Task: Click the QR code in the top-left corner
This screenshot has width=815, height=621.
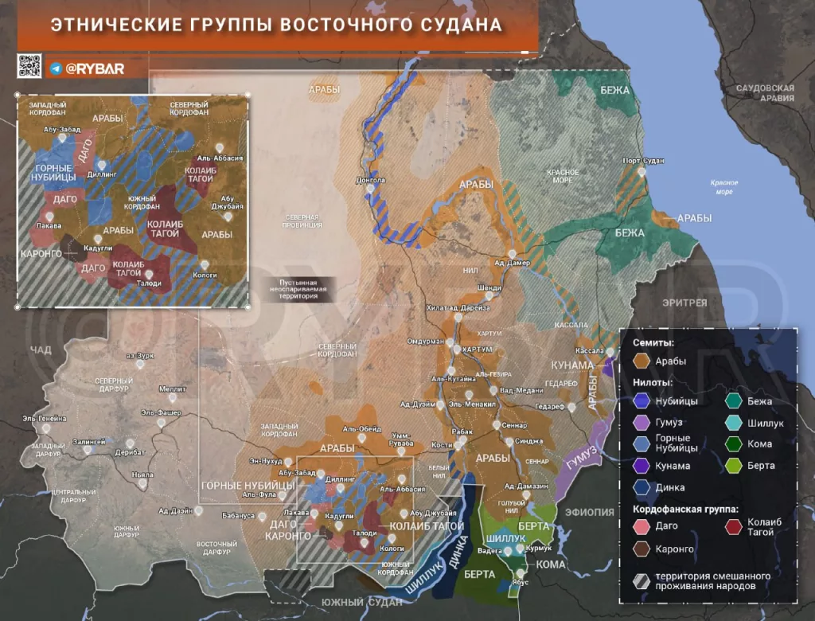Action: click(x=29, y=67)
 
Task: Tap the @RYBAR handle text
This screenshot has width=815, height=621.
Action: click(x=95, y=68)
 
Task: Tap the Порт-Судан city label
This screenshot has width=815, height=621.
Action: click(x=643, y=161)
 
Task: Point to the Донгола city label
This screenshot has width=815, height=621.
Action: click(x=371, y=179)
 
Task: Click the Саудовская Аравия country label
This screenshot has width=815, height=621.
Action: click(x=766, y=92)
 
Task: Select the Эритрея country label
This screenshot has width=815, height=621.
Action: click(x=684, y=303)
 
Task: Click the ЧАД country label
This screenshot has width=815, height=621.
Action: click(x=40, y=350)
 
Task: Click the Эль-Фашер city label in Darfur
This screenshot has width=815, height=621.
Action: click(x=162, y=412)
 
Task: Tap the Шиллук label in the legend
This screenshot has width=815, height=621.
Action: click(x=766, y=424)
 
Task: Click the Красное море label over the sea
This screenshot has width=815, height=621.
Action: click(x=724, y=187)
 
